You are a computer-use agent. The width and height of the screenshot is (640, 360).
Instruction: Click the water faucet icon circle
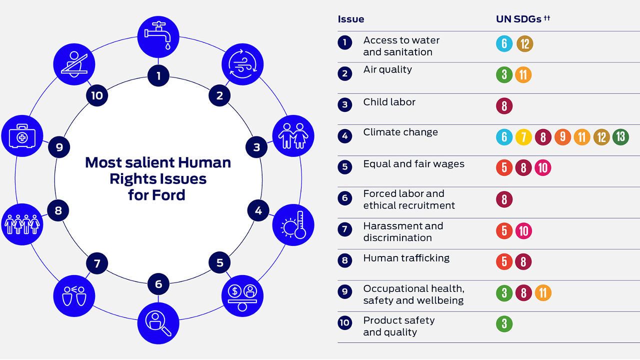[x=158, y=37]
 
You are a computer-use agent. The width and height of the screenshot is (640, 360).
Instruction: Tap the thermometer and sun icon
[x=293, y=225]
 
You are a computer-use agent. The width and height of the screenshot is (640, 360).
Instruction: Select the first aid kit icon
[x=22, y=136]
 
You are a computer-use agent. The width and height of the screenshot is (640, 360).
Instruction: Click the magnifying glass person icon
[x=158, y=323]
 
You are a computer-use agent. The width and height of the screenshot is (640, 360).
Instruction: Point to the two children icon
[x=293, y=136]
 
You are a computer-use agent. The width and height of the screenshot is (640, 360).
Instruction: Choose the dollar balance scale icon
[x=242, y=296]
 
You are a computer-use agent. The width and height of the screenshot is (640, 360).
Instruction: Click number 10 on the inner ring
[x=97, y=95]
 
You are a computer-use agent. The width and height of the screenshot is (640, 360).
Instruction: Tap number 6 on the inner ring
[x=158, y=284]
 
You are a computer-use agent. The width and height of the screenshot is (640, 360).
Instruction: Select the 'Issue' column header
[x=351, y=19]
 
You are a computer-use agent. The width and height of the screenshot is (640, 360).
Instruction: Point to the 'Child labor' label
[x=389, y=102]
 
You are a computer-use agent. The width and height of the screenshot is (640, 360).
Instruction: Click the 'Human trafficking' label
[x=406, y=258]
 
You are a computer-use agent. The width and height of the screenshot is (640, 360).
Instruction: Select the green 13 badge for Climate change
[x=620, y=137]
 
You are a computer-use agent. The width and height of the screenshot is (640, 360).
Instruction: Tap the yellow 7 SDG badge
[x=523, y=137]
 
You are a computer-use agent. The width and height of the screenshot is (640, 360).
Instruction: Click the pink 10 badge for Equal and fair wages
[x=543, y=167]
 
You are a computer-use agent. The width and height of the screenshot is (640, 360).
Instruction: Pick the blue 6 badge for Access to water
[x=504, y=43]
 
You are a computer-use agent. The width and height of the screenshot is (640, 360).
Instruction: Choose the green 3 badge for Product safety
[x=504, y=323]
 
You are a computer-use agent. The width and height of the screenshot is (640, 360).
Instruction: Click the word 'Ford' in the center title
[x=168, y=195]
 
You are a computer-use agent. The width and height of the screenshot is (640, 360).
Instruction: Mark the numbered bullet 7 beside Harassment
[x=345, y=229]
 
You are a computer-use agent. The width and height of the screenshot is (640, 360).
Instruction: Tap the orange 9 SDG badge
[x=562, y=137]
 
